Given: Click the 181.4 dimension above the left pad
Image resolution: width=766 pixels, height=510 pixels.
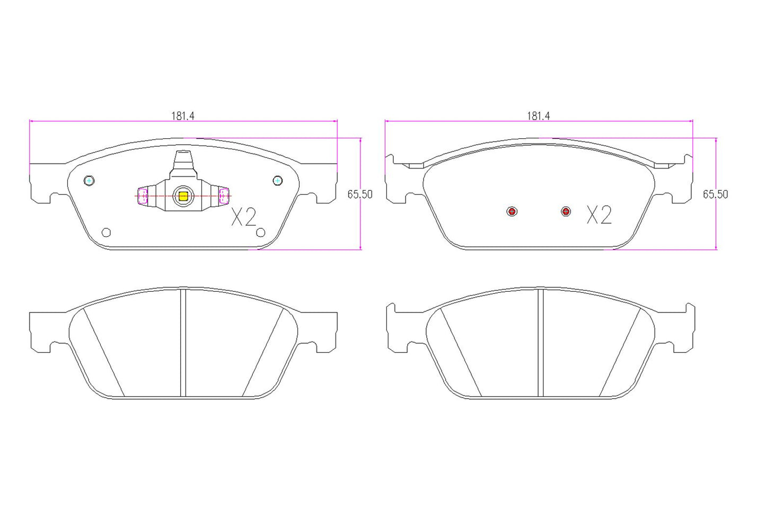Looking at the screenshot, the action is (x=182, y=116).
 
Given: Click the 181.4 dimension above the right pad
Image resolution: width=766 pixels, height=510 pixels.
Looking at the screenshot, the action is (x=538, y=116).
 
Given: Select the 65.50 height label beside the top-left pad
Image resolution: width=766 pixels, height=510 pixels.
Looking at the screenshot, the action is (x=360, y=194).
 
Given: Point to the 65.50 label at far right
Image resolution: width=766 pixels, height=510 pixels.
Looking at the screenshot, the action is (x=716, y=194).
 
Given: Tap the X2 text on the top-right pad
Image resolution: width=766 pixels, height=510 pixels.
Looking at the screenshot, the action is (x=599, y=215).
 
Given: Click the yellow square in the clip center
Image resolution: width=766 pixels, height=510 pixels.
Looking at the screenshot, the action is (x=183, y=196).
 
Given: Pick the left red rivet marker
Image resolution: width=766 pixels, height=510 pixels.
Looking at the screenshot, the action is (x=512, y=212).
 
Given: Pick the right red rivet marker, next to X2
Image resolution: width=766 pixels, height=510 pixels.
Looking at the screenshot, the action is (x=566, y=211).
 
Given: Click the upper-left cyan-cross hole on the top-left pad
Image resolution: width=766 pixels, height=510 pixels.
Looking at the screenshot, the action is (x=89, y=181).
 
